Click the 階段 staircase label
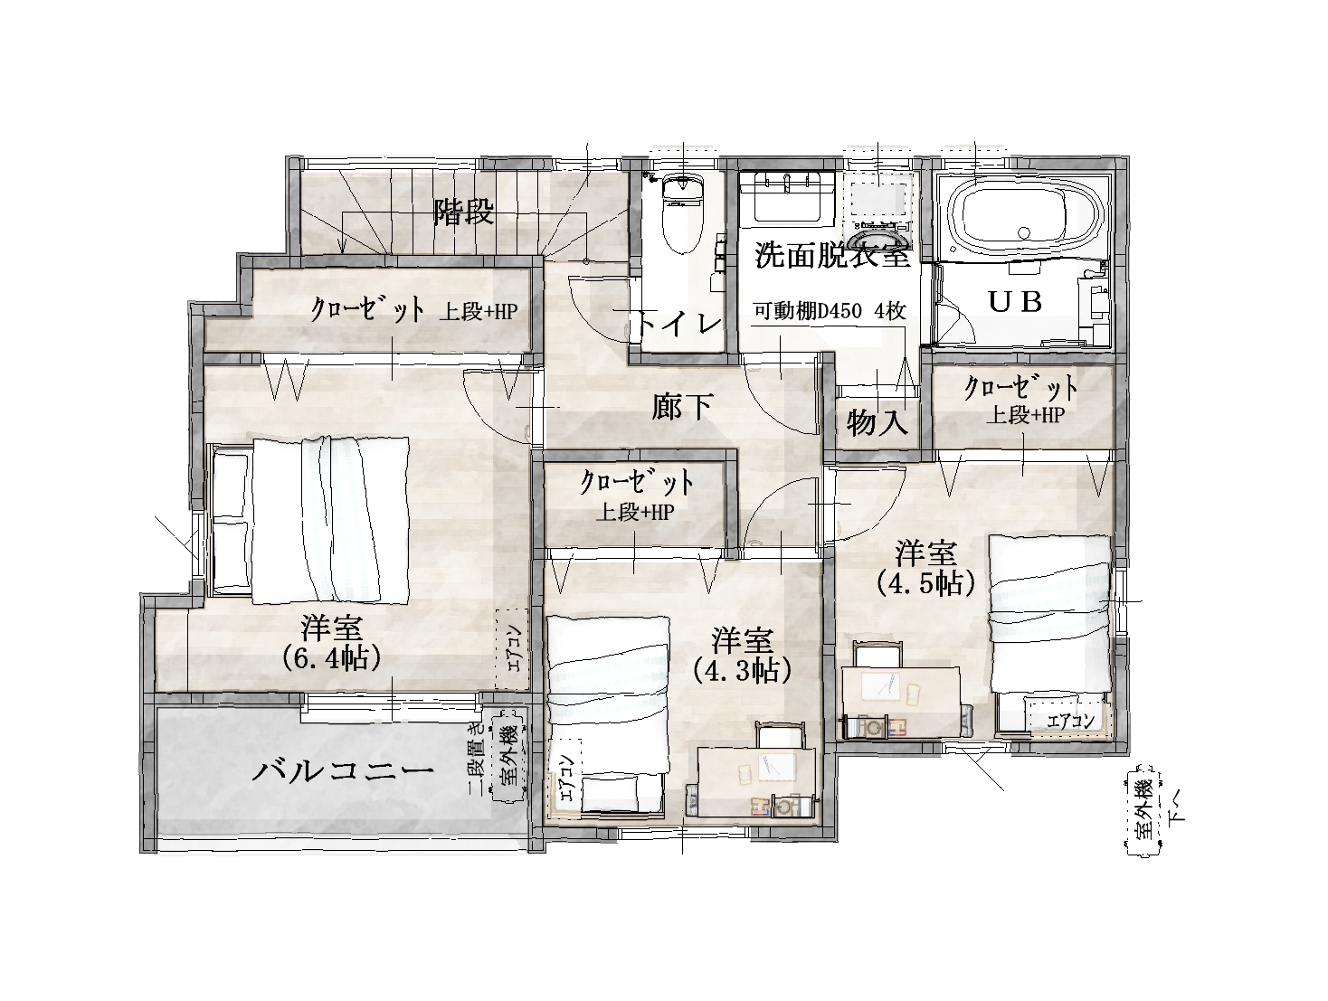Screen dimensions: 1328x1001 (x=464, y=212)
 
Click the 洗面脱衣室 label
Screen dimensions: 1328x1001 (x=832, y=256)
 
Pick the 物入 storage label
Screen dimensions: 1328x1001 (x=877, y=421)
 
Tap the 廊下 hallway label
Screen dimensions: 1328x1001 (x=682, y=407)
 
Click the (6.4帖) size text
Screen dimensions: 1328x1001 (x=332, y=658)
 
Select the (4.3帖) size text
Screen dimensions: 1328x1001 (x=743, y=671)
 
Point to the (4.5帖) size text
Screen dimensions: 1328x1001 (x=925, y=583)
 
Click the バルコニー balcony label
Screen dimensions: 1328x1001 (x=343, y=771)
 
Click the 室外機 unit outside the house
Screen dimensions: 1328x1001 (x=1142, y=814)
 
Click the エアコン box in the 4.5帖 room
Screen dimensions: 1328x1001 (x=1069, y=721)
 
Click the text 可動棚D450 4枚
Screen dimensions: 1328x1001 (x=830, y=311)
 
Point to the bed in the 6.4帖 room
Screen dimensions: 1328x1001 (x=309, y=520)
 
